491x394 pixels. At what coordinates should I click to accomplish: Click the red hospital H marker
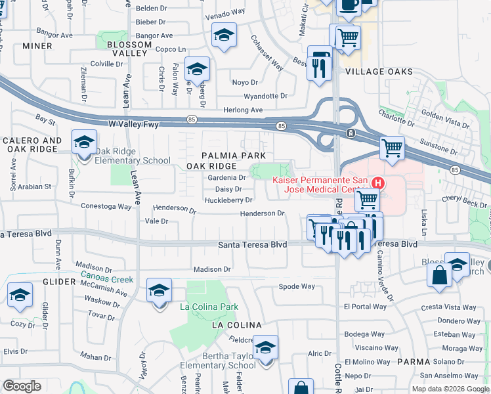click(378, 182)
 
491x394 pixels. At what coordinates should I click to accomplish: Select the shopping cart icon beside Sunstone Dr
click(392, 148)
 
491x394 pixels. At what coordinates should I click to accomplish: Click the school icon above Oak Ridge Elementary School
click(85, 142)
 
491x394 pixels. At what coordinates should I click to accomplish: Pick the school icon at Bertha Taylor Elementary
click(266, 348)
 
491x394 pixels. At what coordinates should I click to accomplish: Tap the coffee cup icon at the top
click(348, 5)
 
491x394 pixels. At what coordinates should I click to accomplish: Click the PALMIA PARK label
click(234, 155)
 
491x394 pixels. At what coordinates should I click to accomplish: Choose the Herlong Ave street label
click(243, 110)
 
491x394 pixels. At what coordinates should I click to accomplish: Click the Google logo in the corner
click(22, 386)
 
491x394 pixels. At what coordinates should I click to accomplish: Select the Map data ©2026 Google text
click(450, 389)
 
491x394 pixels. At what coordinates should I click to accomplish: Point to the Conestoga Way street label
click(106, 206)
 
